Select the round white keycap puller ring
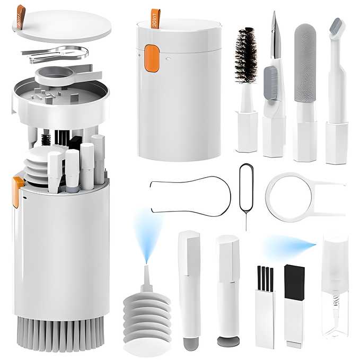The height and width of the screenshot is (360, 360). coord(289,197)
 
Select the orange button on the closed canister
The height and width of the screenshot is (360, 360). coord(152,58)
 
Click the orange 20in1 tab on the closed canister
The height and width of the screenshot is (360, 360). coord(155,18)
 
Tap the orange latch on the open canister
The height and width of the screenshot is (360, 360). coord(18,191)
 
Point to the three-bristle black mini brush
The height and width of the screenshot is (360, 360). coord(264,279)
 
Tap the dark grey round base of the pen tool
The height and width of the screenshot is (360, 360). coord(227,340)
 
